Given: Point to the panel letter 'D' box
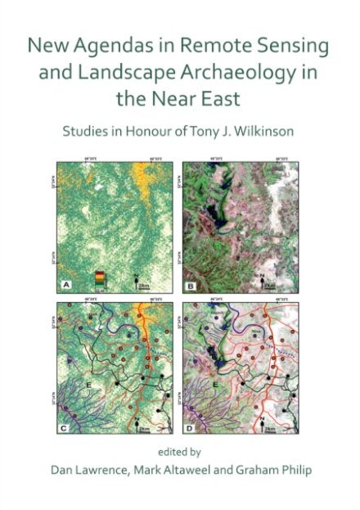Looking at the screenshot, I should [x=189, y=427].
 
